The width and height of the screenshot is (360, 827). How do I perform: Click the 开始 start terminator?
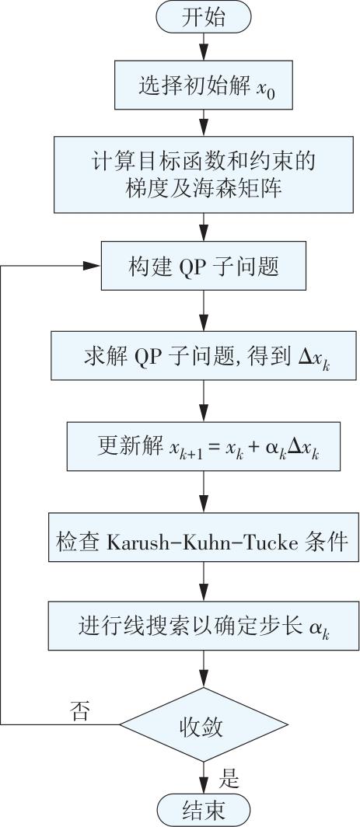coord(203,18)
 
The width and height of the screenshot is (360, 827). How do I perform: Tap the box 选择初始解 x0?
coord(203,85)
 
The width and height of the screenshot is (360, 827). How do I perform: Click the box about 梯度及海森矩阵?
coord(203,174)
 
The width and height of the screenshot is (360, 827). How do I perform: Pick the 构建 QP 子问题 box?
coord(203,266)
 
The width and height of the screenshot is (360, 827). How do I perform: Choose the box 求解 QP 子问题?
coord(203,355)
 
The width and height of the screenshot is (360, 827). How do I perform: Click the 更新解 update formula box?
coord(203,445)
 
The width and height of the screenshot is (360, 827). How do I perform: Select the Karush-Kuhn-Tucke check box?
coord(203,536)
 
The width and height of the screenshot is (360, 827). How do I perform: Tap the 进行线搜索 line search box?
coord(203,626)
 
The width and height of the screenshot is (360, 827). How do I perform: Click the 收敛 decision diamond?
coord(203,724)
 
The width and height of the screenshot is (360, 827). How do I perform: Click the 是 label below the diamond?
coord(229,778)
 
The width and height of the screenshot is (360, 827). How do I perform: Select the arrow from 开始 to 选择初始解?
coord(203,47)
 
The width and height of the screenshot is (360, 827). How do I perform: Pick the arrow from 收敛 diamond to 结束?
coord(203,778)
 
